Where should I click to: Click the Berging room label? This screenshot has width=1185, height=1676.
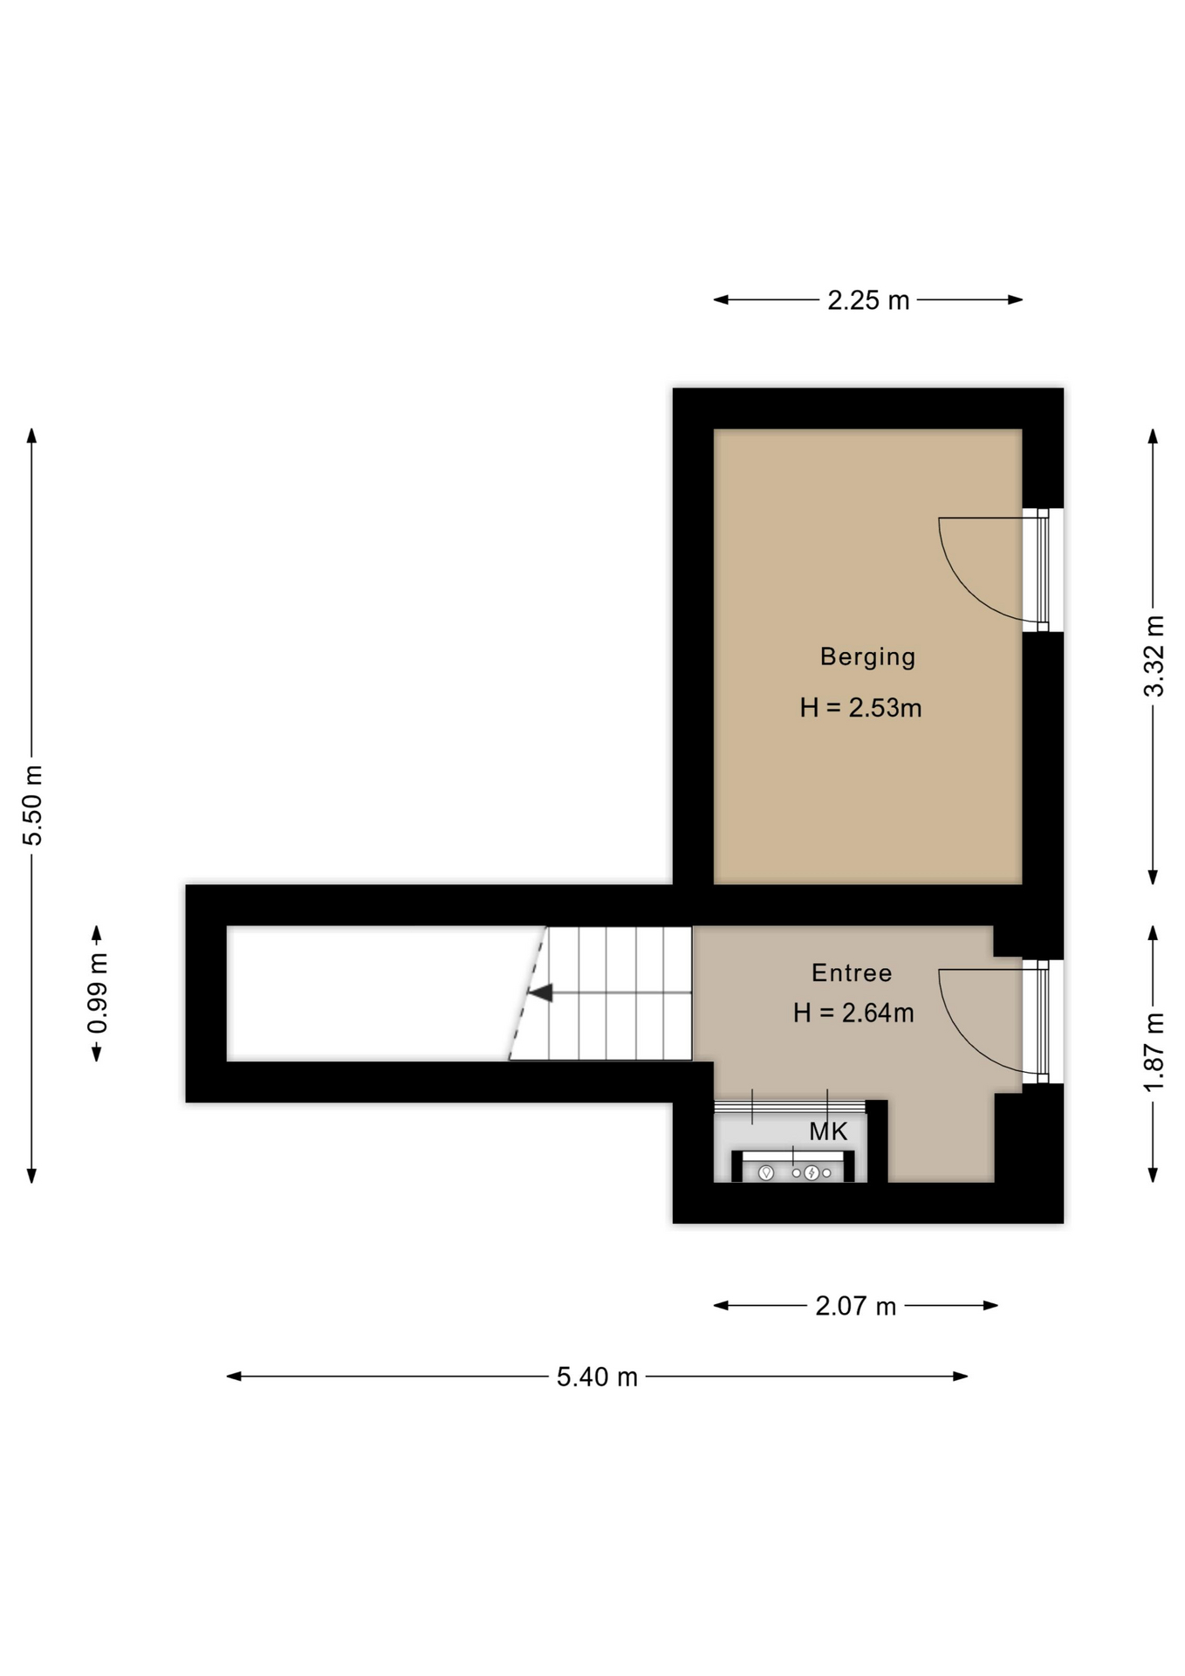click(867, 657)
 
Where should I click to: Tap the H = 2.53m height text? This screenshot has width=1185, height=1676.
click(860, 707)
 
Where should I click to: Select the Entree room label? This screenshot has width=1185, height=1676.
click(852, 972)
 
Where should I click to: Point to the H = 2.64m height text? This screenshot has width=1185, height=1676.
click(853, 1013)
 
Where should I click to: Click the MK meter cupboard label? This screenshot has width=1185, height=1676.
click(828, 1131)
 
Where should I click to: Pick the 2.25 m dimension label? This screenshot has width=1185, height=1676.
click(868, 300)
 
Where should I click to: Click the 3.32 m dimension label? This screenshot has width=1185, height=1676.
click(1154, 656)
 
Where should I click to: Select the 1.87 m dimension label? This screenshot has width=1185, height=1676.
click(1154, 1052)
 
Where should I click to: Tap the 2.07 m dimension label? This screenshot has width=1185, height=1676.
click(856, 1306)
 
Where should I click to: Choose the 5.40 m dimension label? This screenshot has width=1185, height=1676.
click(598, 1377)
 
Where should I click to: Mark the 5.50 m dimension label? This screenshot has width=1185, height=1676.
click(32, 805)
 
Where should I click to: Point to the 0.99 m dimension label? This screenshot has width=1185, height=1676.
click(97, 993)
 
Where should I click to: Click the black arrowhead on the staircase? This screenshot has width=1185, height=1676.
click(541, 993)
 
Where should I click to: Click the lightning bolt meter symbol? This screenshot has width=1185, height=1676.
click(812, 1172)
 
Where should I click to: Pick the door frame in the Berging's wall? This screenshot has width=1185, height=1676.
click(1043, 569)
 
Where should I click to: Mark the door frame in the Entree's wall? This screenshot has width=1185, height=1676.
click(1043, 1021)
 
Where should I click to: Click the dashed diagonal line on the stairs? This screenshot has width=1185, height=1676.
click(528, 993)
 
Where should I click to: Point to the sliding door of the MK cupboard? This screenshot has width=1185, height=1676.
click(790, 1106)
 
